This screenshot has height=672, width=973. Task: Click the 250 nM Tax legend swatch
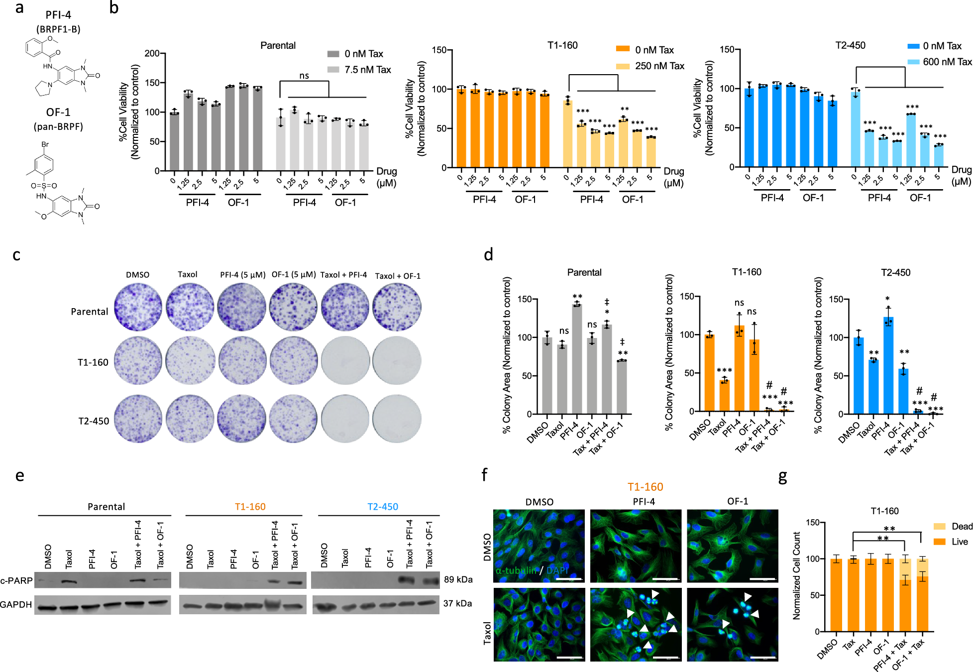[x=623, y=66]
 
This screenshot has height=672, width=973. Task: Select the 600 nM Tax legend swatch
[x=913, y=62]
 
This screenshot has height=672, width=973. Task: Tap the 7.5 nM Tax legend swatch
[x=333, y=70]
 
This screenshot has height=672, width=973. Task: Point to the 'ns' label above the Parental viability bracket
[x=304, y=76]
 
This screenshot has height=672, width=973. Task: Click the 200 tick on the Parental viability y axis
[x=151, y=53]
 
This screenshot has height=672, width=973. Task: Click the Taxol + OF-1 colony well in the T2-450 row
[x=397, y=419]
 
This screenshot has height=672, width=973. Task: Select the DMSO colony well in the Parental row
[x=138, y=307]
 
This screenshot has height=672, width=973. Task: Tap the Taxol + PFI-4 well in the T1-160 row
[x=345, y=360]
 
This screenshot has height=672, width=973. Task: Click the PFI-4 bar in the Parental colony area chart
[x=577, y=358]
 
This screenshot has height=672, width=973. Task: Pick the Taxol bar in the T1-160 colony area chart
[x=724, y=396]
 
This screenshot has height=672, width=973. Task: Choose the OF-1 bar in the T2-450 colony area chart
[x=903, y=391]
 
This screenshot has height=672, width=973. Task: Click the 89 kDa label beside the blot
[x=458, y=579]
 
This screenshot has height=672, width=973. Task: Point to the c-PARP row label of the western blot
[x=16, y=580]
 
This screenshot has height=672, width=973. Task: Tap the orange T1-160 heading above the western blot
[x=250, y=507]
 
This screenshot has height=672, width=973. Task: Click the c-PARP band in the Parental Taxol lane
[x=69, y=581]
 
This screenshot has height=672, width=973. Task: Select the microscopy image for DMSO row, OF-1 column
[x=732, y=546]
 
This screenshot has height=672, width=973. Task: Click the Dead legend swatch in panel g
[x=939, y=527]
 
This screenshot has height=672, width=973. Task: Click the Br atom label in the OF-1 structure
[x=45, y=144]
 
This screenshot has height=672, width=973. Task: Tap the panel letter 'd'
[x=488, y=255]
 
